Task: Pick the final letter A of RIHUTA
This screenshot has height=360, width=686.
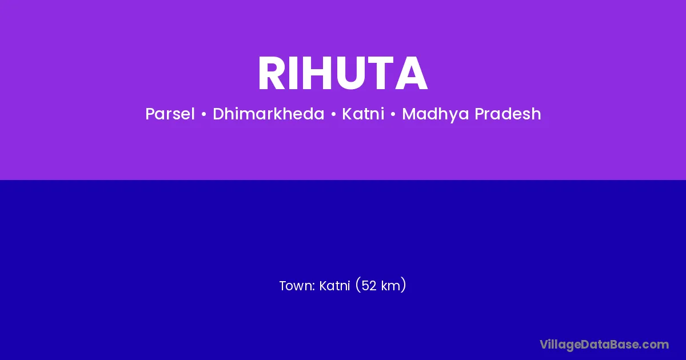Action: pyautogui.click(x=411, y=73)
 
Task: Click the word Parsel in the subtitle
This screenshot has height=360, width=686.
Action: pyautogui.click(x=170, y=114)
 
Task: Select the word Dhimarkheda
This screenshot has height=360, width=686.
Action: pyautogui.click(x=268, y=114)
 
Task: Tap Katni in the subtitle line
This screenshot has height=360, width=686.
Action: pyautogui.click(x=363, y=114)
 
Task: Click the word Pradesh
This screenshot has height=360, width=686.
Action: pyautogui.click(x=508, y=114)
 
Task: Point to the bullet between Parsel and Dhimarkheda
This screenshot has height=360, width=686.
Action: pyautogui.click(x=204, y=114)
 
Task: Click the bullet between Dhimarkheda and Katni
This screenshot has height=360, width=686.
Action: pyautogui.click(x=333, y=114)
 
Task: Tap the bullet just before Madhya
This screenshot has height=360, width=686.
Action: pyautogui.click(x=393, y=114)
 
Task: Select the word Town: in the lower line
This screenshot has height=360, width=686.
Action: pyautogui.click(x=297, y=286)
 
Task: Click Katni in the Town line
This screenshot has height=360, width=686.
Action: pyautogui.click(x=334, y=286)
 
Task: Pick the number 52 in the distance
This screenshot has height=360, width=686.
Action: pyautogui.click(x=369, y=286)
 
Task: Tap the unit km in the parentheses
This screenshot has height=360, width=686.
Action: pyautogui.click(x=391, y=286)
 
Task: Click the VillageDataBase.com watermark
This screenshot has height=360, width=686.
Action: pyautogui.click(x=604, y=345)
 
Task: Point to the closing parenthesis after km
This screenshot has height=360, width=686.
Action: pyautogui.click(x=404, y=285)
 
